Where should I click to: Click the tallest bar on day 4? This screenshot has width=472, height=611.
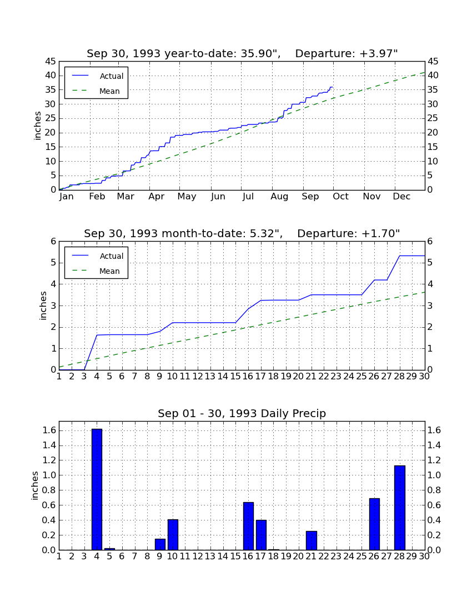click(x=97, y=489)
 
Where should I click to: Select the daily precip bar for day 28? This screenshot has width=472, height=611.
click(x=400, y=508)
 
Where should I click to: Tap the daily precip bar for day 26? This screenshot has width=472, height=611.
click(x=374, y=524)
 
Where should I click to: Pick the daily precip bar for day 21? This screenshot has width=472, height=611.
click(x=311, y=540)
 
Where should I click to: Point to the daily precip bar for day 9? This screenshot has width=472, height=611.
click(x=160, y=544)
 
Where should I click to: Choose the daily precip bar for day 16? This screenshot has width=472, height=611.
click(x=248, y=526)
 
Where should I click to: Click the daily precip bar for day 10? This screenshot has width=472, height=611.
click(x=173, y=534)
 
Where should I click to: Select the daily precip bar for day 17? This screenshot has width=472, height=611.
click(x=261, y=535)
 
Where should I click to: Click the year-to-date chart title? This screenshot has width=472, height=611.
click(x=242, y=53)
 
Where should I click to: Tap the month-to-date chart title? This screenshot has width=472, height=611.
click(x=242, y=233)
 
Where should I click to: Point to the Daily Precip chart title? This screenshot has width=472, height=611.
click(x=242, y=413)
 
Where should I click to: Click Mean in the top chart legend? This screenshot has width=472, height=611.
click(x=109, y=91)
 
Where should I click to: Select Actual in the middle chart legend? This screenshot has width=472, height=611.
click(x=112, y=256)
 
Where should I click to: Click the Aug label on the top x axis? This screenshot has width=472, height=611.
click(x=279, y=197)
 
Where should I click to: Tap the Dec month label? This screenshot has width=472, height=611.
click(x=401, y=197)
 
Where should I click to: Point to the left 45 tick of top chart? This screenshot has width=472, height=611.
click(x=51, y=62)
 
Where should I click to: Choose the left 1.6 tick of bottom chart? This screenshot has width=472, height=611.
click(x=48, y=430)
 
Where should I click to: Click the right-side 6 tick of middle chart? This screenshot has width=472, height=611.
click(x=430, y=241)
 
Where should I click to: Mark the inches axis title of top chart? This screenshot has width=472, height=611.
click(x=37, y=126)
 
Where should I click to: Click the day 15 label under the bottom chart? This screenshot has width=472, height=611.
click(x=235, y=557)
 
